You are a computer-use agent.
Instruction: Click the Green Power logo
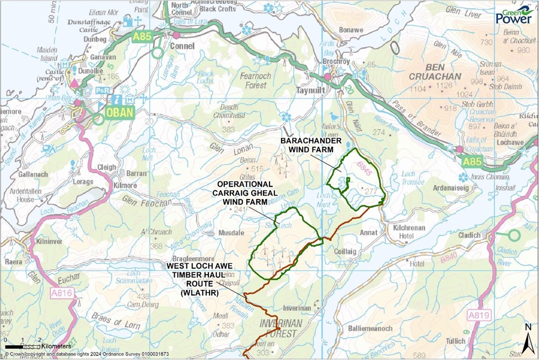514,15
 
